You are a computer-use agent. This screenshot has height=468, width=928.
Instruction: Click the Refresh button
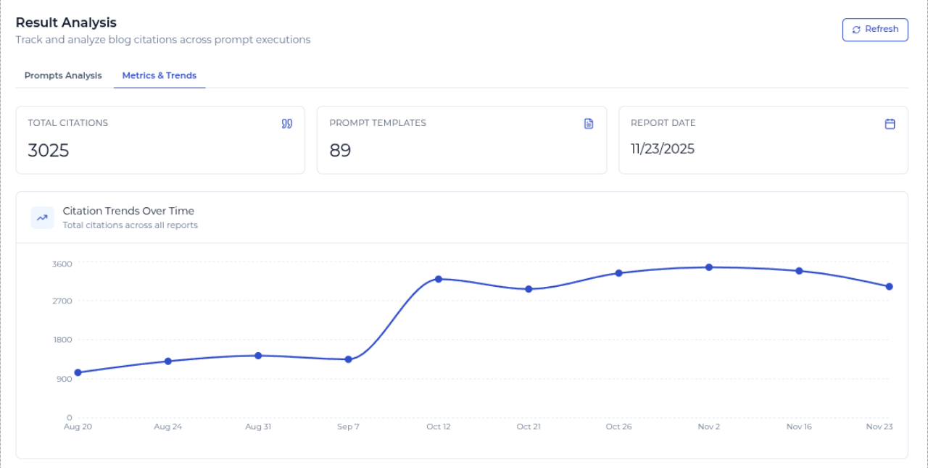[x=875, y=30]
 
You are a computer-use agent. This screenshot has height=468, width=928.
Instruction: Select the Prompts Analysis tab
[x=63, y=75]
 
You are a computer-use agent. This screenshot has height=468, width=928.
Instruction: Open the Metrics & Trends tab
[x=159, y=75]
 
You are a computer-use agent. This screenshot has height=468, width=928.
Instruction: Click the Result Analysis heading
[x=66, y=22]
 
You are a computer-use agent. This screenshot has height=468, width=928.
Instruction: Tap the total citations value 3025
[x=49, y=151]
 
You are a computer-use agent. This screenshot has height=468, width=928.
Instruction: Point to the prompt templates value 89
[x=340, y=151]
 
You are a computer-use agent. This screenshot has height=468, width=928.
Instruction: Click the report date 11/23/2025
[x=663, y=149]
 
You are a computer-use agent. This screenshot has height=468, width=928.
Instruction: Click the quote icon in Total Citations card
[x=287, y=124]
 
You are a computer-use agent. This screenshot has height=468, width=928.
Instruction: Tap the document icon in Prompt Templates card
[x=589, y=124]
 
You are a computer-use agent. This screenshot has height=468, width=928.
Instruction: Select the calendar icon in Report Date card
[x=890, y=124]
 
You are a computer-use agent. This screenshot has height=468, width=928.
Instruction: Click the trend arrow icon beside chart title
[x=42, y=217]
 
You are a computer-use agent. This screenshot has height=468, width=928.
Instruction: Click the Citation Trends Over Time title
[x=128, y=211]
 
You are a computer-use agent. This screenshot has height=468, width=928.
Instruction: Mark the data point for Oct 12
[x=439, y=279]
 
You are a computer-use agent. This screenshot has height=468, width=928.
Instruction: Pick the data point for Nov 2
[x=709, y=267]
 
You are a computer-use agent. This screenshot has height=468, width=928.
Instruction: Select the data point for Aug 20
[x=78, y=372]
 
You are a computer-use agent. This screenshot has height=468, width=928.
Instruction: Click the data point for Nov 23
[x=889, y=286]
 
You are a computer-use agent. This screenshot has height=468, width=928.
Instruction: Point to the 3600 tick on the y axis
[x=62, y=264]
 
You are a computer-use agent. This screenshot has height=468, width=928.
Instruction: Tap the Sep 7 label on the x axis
[x=348, y=427]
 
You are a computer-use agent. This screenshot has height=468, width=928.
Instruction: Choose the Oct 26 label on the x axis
[x=618, y=427]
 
